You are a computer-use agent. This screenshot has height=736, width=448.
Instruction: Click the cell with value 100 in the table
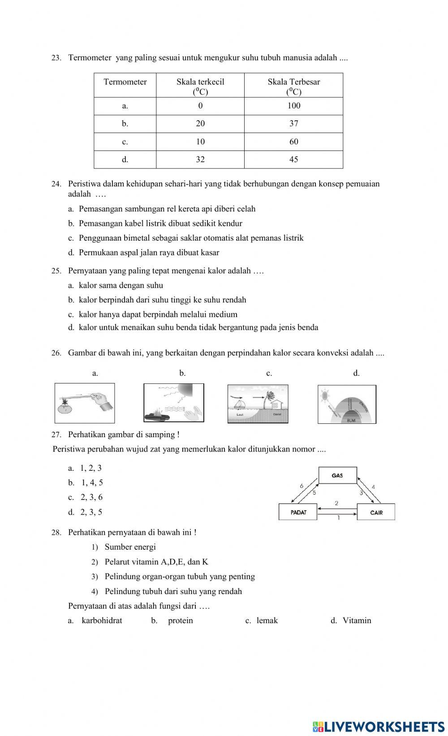coord(293,106)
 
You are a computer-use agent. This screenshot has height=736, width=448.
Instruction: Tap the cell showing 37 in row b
coord(293,124)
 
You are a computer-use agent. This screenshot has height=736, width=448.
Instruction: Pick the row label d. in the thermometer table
coord(125,159)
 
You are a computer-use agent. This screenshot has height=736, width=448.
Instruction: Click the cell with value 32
coord(200,159)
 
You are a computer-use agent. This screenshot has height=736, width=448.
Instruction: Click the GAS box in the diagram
coord(337,475)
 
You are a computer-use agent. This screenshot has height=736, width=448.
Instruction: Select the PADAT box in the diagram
coord(298,512)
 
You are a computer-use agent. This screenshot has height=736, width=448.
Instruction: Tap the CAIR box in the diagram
coord(376,512)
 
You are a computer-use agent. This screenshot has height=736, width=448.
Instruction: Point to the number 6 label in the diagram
coord(302,486)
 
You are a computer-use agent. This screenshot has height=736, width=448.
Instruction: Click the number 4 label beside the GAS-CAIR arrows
coord(373,487)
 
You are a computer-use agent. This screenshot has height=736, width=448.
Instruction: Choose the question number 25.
coord(56,271)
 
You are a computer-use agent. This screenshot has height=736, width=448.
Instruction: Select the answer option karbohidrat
coord(102,620)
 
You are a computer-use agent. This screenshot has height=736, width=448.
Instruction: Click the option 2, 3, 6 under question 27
coord(91,497)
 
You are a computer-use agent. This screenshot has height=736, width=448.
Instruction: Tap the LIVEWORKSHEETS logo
coord(378,726)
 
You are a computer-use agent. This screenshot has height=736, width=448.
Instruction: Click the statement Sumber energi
coord(130,547)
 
